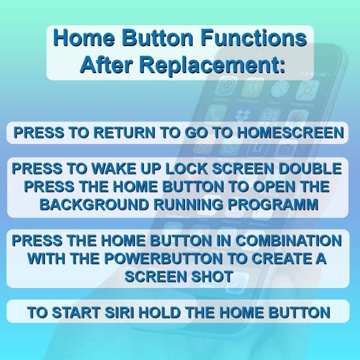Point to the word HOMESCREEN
290,133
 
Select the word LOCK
185,168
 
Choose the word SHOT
213,276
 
